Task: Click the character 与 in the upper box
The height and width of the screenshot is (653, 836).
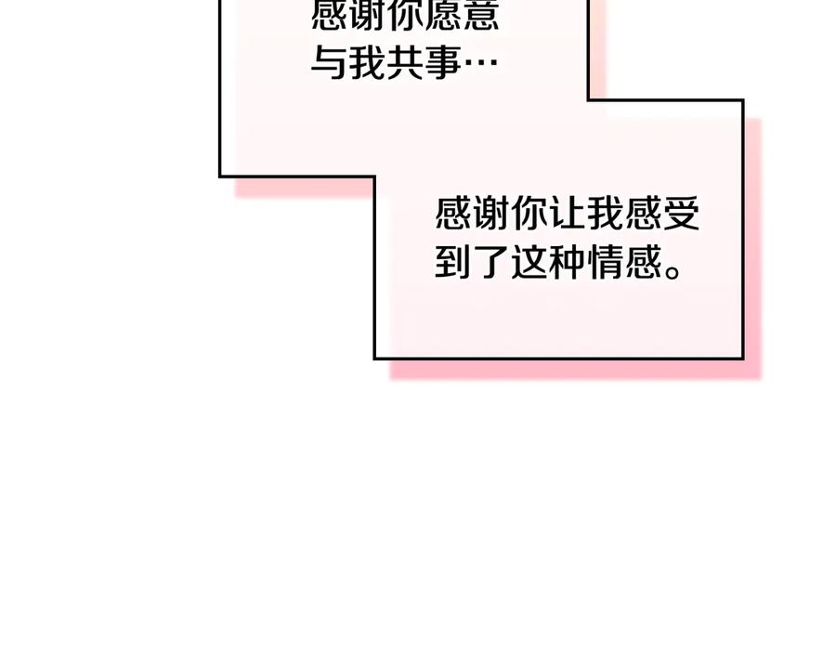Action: [328, 63]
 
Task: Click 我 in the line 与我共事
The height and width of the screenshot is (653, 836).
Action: [366, 63]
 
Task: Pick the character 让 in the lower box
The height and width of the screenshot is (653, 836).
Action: [568, 214]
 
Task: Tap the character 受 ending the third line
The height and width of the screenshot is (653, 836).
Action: [682, 214]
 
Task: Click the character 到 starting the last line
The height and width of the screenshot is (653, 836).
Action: [452, 262]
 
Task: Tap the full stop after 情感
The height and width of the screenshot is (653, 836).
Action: [673, 271]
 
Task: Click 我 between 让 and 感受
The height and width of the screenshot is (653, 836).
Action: [606, 214]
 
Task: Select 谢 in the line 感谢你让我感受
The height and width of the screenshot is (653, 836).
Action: [491, 214]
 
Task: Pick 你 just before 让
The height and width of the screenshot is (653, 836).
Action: [529, 214]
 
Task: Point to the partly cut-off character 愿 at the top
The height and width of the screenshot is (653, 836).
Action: [443, 14]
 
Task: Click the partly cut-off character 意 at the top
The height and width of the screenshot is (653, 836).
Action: [481, 14]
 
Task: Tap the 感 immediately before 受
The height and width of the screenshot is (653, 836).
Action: [644, 214]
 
